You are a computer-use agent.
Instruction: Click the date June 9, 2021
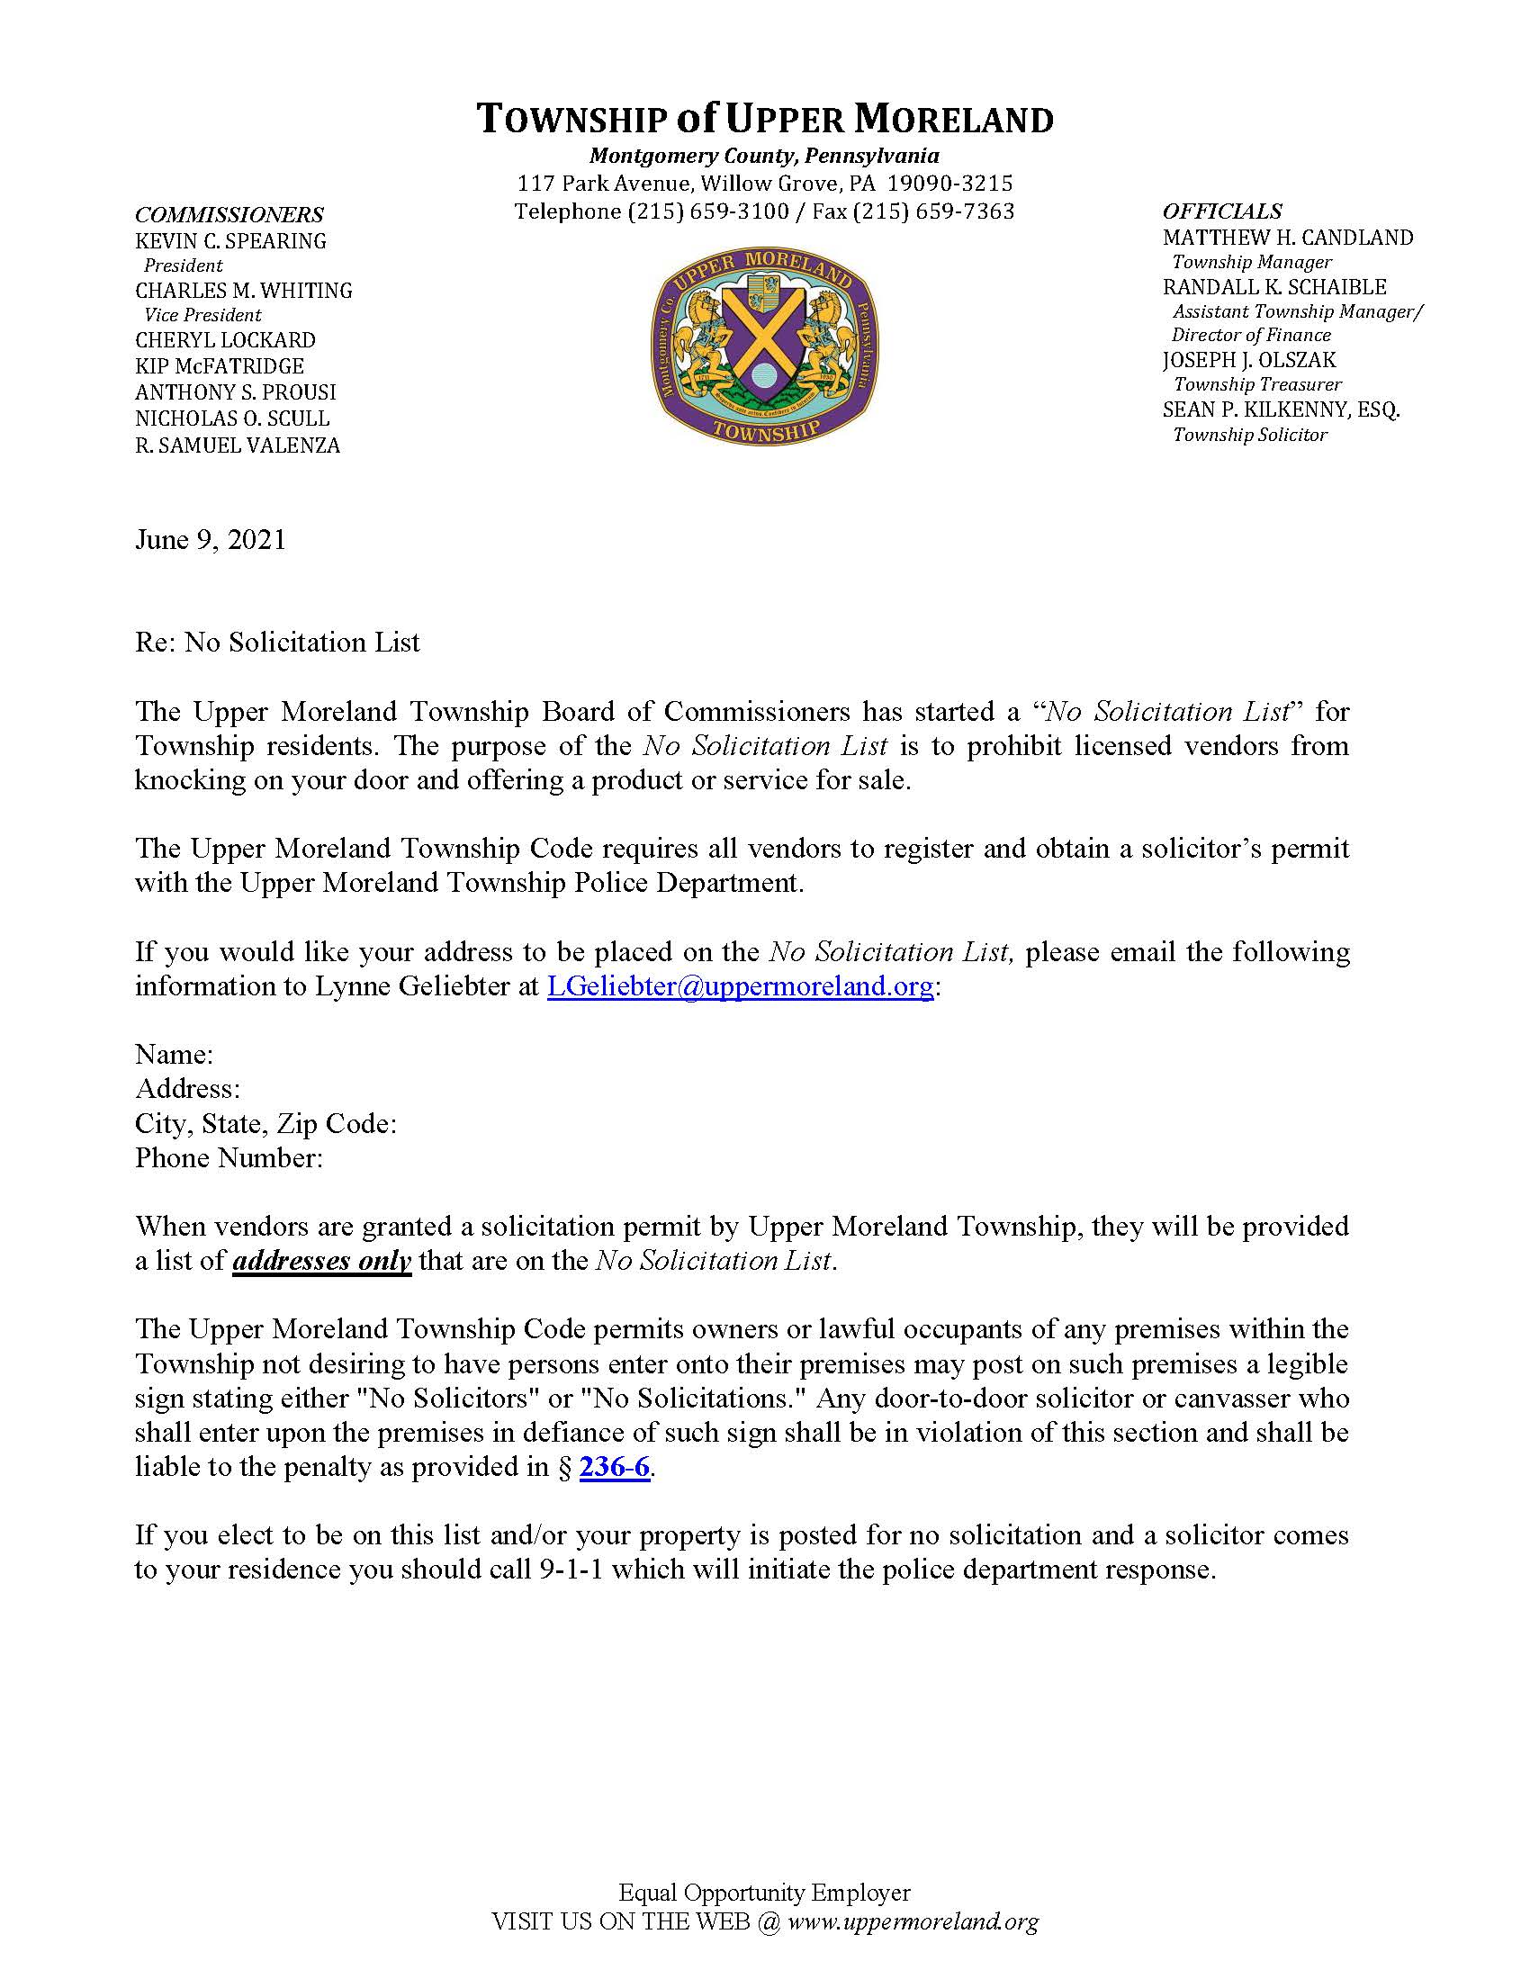(211, 539)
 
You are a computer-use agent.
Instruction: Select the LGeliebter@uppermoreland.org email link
(740, 986)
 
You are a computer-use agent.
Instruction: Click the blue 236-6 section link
(614, 1468)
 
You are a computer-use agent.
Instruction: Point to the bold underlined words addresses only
(322, 1261)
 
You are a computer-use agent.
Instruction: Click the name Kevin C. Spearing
(231, 241)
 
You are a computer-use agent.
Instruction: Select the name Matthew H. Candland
(1287, 238)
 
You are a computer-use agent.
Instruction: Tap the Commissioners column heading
(229, 215)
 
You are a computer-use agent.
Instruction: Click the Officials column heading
(1221, 211)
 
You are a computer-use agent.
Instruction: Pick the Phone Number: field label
(229, 1158)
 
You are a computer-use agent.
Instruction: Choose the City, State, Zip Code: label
(266, 1124)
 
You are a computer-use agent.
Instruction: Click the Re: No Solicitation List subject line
(278, 643)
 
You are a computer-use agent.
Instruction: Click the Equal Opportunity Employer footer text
(764, 1893)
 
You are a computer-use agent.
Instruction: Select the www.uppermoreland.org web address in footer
(913, 1921)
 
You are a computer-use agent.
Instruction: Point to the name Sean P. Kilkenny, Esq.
(1281, 409)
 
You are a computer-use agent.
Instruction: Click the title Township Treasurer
(1257, 384)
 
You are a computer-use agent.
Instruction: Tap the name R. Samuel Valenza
(238, 445)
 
